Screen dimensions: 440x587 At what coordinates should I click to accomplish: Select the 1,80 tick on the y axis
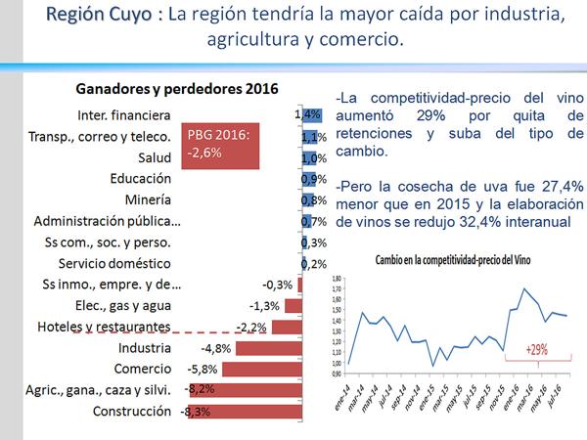(x=338, y=279)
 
